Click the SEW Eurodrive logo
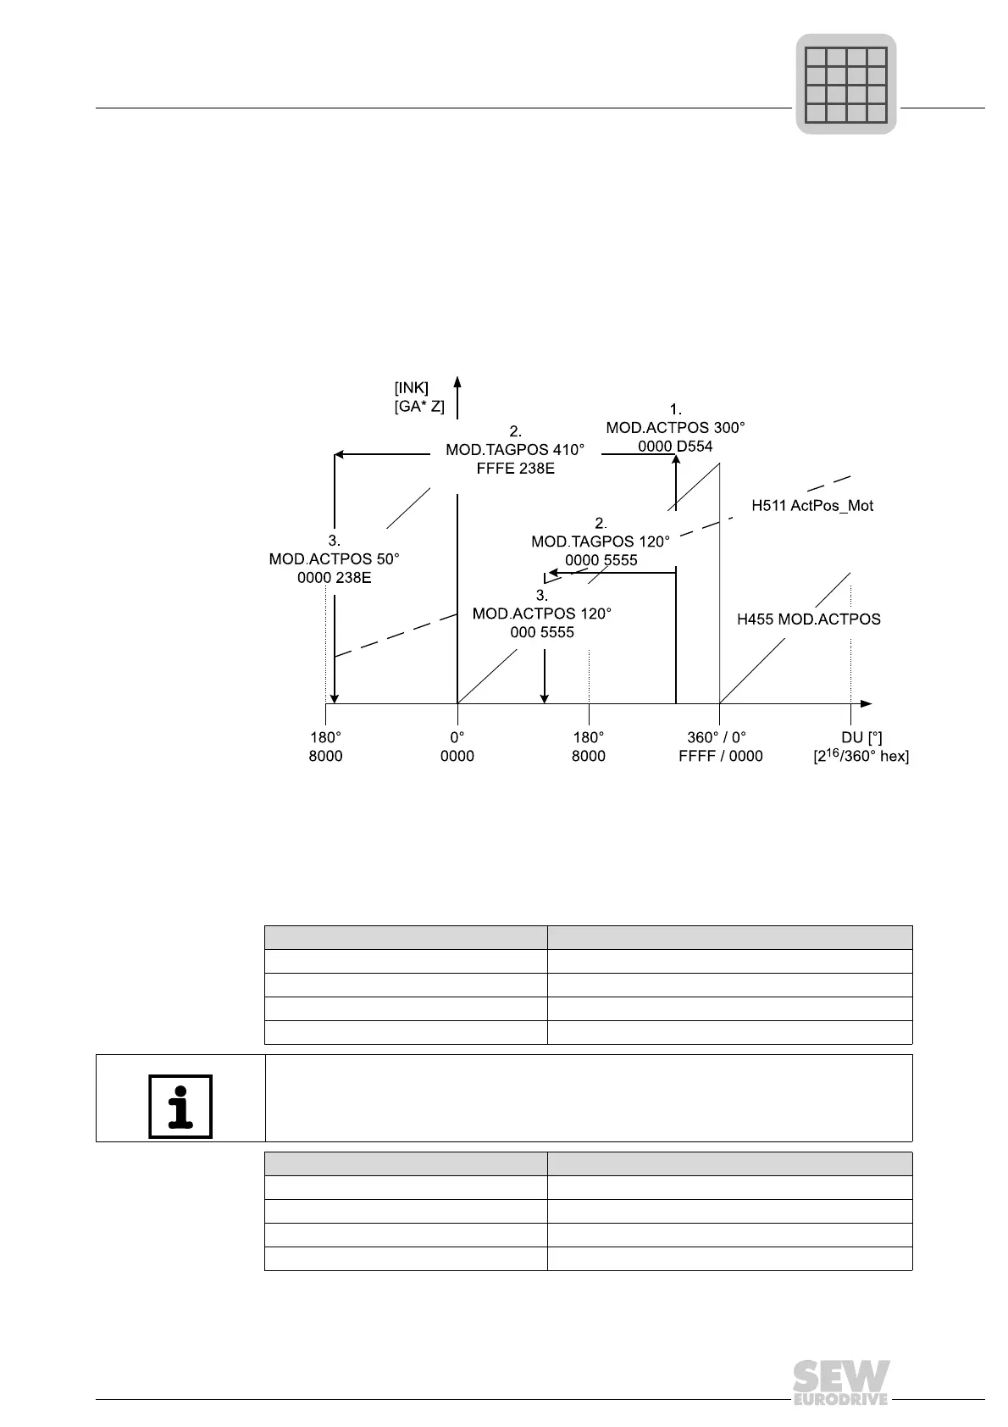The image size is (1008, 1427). tap(841, 1382)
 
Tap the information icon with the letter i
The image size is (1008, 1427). tap(180, 1106)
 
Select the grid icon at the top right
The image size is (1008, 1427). tap(845, 84)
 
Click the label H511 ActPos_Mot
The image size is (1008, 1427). tap(812, 506)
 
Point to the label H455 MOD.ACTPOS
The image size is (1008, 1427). tap(808, 619)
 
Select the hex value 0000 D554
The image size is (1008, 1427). tap(675, 447)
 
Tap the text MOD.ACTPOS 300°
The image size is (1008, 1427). tap(675, 428)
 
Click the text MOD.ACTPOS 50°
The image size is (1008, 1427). tap(334, 559)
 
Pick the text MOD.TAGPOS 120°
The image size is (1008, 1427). tap(601, 541)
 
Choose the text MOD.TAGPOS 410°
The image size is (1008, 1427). tap(515, 449)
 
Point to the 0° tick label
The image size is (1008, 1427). tap(457, 737)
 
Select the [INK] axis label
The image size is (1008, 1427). tap(412, 388)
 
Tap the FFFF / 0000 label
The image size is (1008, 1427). tap(720, 756)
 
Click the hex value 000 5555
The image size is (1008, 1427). tap(542, 632)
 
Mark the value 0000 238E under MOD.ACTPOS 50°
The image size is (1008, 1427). tap(334, 578)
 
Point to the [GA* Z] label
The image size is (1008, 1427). tap(419, 407)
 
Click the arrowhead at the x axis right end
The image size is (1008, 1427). tap(866, 703)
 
